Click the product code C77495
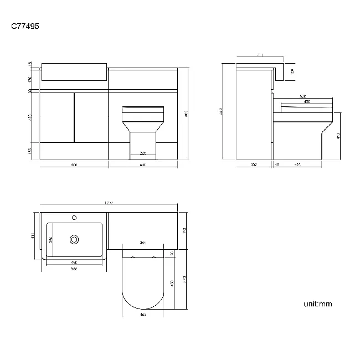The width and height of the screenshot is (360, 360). click(25, 25)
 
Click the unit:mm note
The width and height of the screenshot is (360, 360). click(317, 304)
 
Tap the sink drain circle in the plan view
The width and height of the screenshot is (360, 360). click(74, 240)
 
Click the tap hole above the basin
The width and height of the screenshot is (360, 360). click(73, 218)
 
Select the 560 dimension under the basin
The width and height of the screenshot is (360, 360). click(74, 269)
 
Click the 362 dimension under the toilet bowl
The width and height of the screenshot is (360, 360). click(142, 315)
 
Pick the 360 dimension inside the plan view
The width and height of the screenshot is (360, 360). click(142, 243)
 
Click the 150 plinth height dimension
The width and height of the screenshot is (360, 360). click(31, 151)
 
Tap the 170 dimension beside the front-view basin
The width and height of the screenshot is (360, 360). click(31, 79)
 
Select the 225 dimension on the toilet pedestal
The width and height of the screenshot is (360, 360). click(142, 153)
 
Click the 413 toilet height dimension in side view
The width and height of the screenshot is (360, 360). click(337, 135)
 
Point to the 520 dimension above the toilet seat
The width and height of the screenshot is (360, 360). click(303, 96)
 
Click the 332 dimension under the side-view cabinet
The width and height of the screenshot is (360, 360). click(253, 165)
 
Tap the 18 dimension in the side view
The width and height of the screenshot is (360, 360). click(277, 165)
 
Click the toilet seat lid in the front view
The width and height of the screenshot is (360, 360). click(142, 110)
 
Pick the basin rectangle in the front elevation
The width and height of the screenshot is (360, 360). click(74, 72)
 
